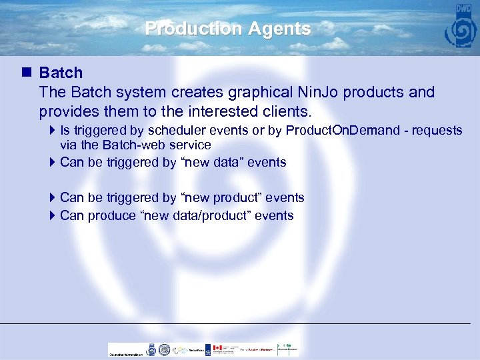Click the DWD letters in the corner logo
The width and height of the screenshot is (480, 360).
[x=463, y=11]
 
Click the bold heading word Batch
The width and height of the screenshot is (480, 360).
[x=61, y=73]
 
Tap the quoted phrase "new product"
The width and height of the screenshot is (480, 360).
[x=220, y=197]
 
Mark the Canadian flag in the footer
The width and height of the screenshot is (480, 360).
[x=217, y=349]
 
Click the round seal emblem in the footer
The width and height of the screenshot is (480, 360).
[x=151, y=349]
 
